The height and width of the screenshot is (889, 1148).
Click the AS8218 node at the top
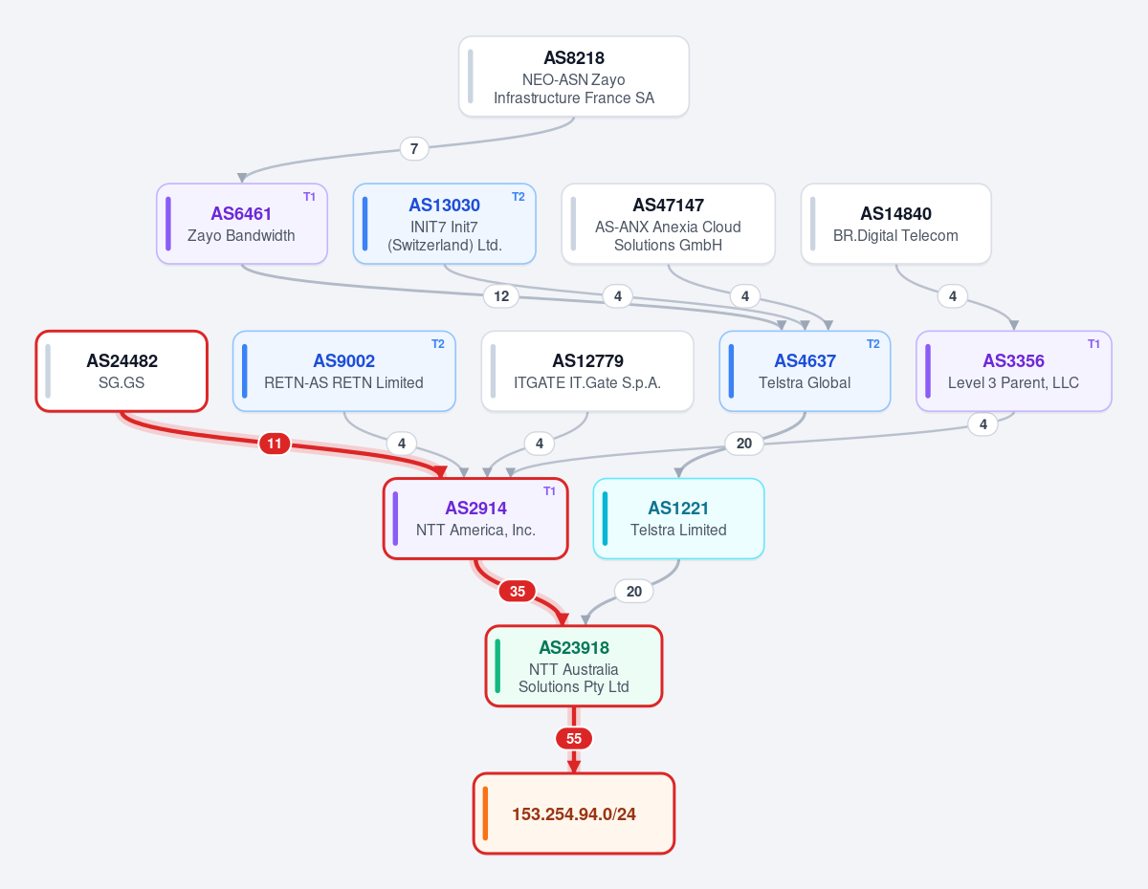[574, 76]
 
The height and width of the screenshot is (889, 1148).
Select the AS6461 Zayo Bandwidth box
[242, 224]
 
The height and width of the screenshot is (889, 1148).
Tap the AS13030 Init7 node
[444, 224]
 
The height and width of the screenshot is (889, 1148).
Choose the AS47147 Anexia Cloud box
[669, 224]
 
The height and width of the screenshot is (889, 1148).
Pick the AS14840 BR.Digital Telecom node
[896, 224]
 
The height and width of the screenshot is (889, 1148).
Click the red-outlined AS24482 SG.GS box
[121, 371]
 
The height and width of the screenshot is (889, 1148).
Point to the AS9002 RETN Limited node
[344, 371]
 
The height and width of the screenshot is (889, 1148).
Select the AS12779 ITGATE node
[587, 371]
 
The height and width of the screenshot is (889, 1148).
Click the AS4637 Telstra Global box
[805, 371]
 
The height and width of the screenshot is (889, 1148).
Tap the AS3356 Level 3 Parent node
[1014, 371]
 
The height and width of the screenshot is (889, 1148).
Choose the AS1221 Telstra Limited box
[679, 518]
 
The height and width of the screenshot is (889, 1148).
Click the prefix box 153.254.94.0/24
[574, 813]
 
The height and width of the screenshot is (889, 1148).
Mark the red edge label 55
[574, 739]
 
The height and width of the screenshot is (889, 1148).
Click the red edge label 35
[518, 592]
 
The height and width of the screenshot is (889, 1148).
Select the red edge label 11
[275, 444]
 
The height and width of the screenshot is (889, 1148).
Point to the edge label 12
[501, 296]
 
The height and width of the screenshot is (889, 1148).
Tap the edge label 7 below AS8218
[414, 149]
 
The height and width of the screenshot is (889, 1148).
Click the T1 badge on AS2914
[549, 491]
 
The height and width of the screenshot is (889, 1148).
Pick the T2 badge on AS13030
[519, 197]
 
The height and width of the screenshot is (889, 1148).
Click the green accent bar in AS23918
[497, 666]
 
